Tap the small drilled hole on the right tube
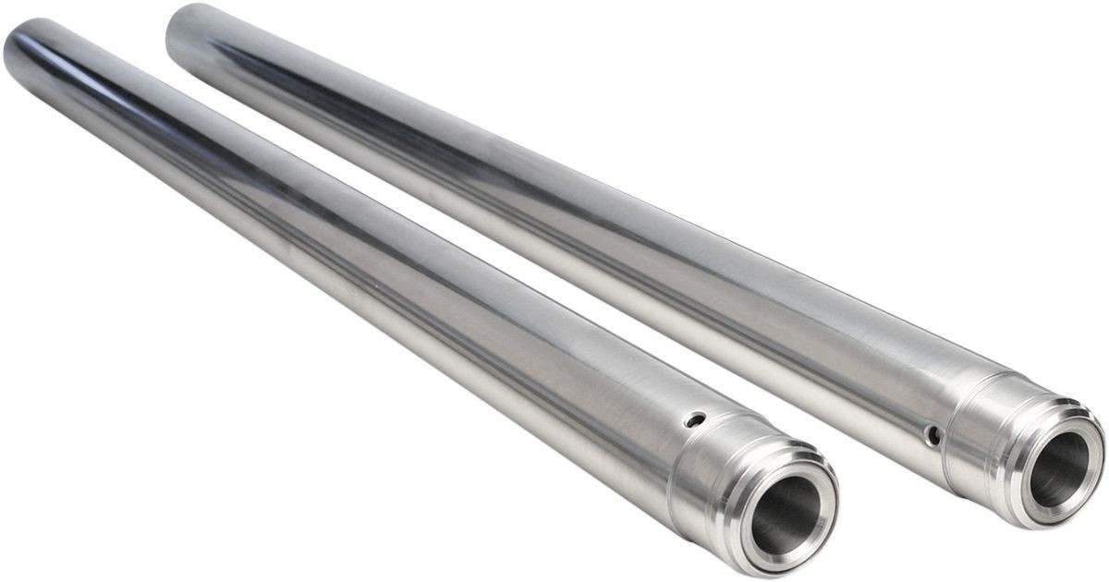934,434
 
